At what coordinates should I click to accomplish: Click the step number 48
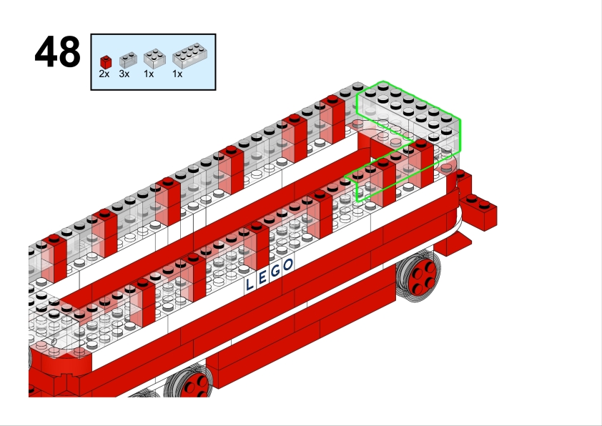(x=58, y=51)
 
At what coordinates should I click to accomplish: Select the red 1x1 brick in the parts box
(x=106, y=62)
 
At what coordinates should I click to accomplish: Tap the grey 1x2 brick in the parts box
(x=128, y=60)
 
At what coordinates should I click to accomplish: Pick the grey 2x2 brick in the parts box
(x=154, y=59)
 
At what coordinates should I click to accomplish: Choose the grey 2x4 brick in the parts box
(x=189, y=56)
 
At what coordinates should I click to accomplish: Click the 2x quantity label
(x=104, y=74)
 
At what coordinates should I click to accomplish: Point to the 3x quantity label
(x=124, y=74)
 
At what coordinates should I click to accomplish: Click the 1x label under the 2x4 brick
(x=177, y=74)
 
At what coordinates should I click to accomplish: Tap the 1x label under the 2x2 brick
(x=149, y=74)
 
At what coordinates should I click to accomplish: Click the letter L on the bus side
(x=250, y=284)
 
